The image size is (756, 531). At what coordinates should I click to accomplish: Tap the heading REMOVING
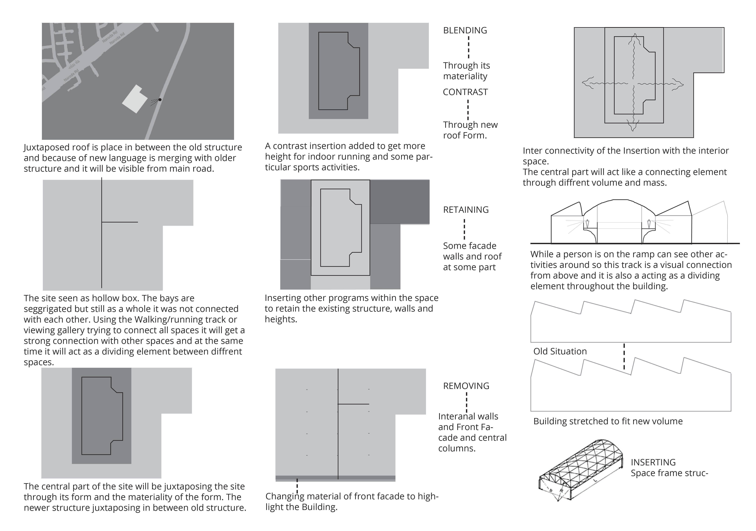pos(466,386)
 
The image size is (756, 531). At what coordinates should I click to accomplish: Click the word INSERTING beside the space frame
pos(653,462)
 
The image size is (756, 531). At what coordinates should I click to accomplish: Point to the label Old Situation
pos(560,351)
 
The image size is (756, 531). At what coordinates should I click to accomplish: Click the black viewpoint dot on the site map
pos(160,99)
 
